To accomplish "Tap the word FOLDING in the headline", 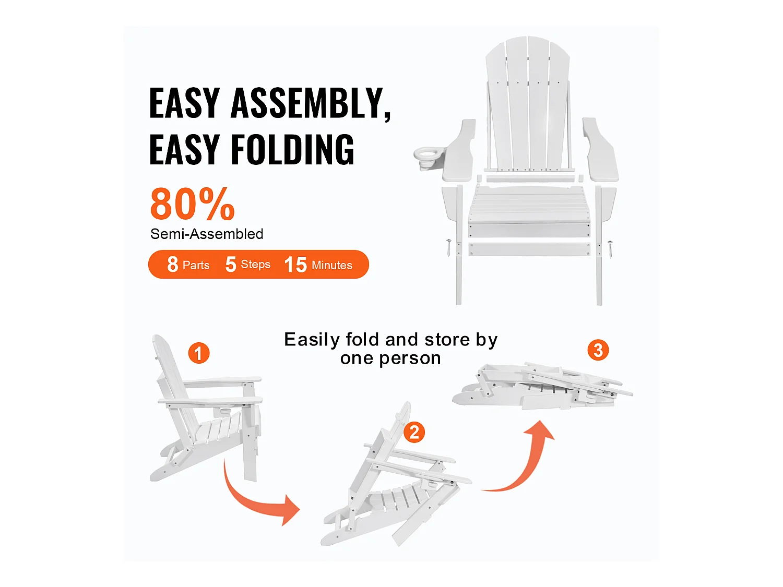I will coord(292,150).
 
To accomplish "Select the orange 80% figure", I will coord(192,205).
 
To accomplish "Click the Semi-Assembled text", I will coord(207,234).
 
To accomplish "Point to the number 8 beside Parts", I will coord(173,265).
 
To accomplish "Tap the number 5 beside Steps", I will coord(230,265).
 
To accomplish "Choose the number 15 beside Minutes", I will coord(295,265).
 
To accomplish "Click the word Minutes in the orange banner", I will coord(332,265).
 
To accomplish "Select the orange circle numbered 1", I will coord(198,353).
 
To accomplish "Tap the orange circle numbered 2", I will coord(414,432).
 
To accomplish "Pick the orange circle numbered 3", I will coord(598,350).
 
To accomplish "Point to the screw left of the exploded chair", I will coord(448,247).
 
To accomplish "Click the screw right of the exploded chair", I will coord(610,248).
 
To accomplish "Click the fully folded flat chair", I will coord(543,387).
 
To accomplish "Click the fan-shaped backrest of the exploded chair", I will coord(528,104).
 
